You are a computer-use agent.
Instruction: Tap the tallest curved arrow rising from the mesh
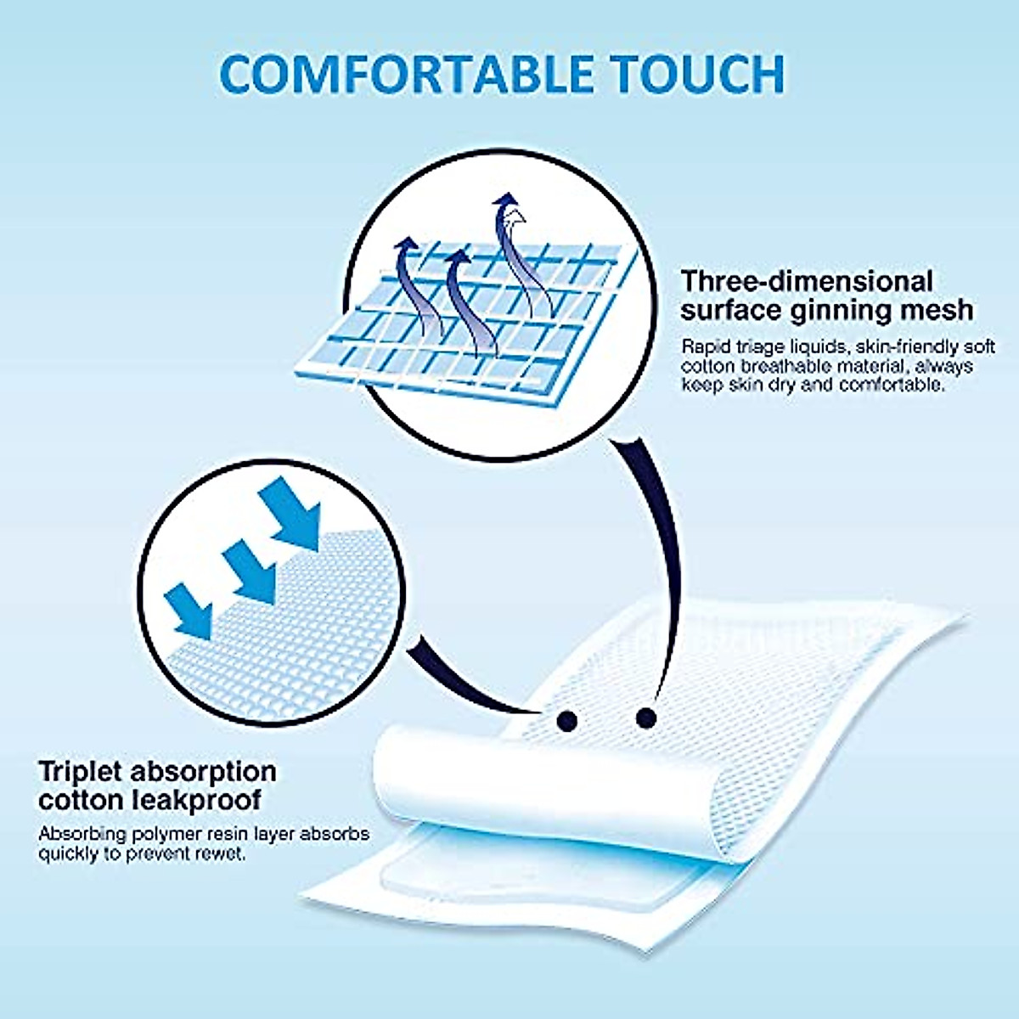511,255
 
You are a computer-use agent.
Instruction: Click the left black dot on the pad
566,722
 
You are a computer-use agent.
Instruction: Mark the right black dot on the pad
646,718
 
